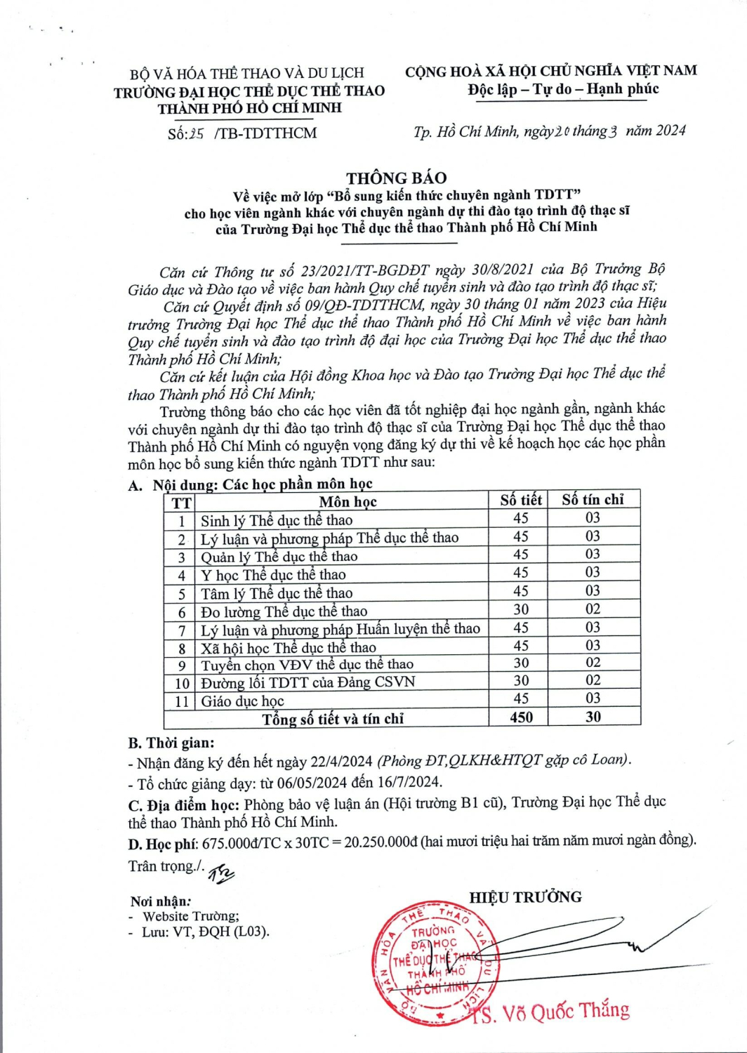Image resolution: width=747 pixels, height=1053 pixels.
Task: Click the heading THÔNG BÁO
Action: coord(397,178)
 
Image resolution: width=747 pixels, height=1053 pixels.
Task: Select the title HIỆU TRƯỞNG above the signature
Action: coord(525,897)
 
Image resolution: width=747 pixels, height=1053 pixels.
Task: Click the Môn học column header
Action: coord(348,501)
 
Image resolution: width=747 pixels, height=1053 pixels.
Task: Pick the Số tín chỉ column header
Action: coord(593,499)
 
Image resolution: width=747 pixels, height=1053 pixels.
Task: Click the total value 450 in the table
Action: coord(521,717)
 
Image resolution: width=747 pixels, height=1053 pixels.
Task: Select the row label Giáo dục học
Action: coord(243,701)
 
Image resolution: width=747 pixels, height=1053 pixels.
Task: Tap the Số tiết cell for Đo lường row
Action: coord(521,609)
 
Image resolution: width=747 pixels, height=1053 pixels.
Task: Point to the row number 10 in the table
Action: coord(182,683)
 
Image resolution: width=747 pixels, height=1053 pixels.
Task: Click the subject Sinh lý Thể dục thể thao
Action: coord(277,520)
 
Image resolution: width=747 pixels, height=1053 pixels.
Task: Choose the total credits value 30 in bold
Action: coord(593,717)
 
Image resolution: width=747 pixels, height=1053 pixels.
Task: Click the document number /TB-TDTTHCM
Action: coord(267,133)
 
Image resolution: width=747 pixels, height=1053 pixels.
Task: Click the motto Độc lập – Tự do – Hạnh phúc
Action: coord(563,89)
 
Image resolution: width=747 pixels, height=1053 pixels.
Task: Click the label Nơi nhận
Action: coord(160,901)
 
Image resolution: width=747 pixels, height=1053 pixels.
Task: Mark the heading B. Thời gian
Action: coord(171,743)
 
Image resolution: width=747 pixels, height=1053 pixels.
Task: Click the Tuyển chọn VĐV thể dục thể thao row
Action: coord(307,665)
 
